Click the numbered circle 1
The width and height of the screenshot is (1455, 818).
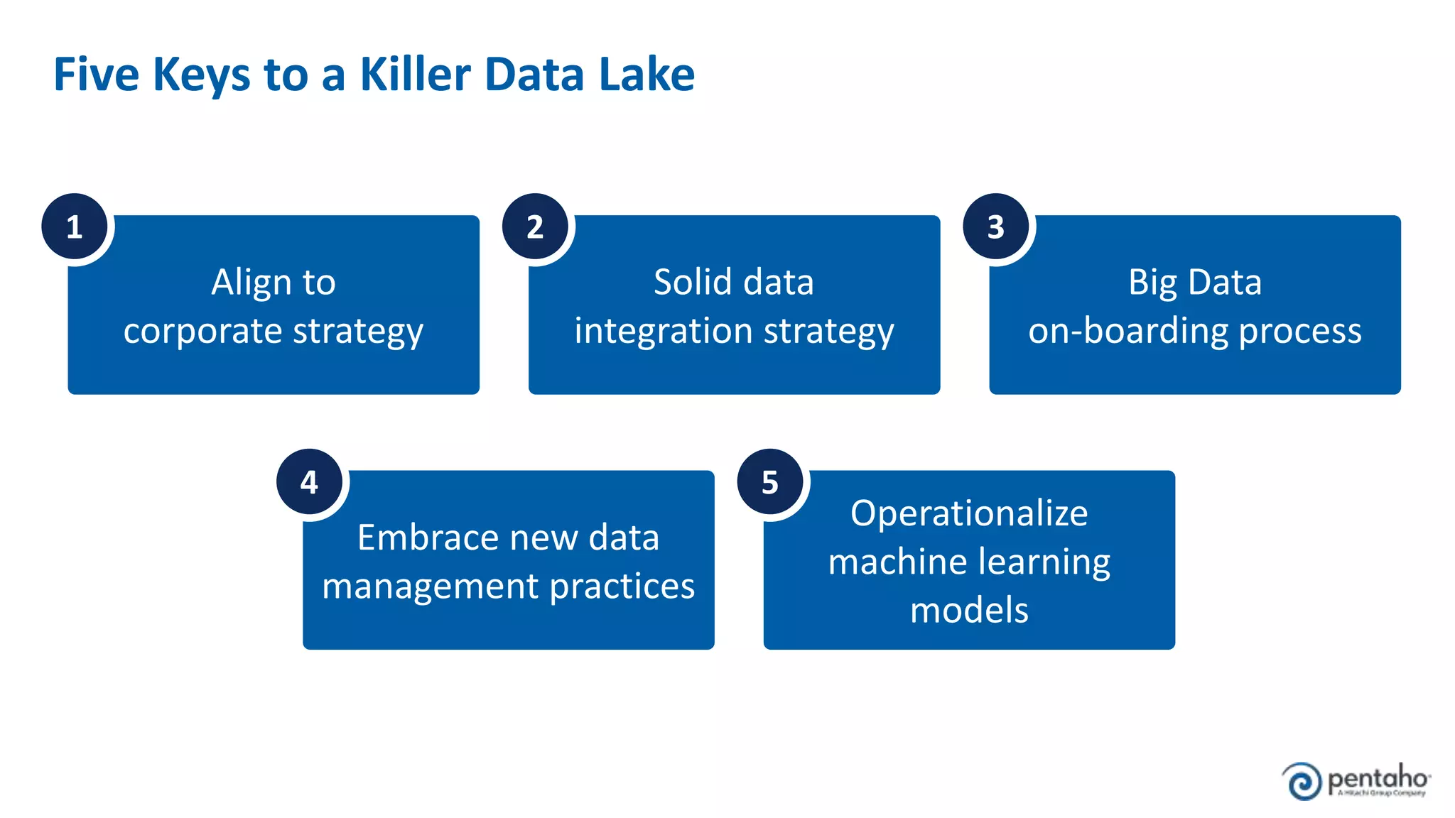pos(74,227)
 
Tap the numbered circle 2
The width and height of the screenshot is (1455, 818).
pos(535,227)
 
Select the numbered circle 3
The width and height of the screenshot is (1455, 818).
pos(995,227)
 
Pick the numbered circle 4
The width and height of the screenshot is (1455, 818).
pos(309,482)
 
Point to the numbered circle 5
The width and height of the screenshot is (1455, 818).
pos(770,482)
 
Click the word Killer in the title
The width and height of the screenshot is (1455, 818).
pos(416,74)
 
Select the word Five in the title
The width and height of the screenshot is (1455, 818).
pos(96,74)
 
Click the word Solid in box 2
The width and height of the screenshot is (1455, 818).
pos(693,282)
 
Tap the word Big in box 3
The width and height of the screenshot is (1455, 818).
pos(1152,283)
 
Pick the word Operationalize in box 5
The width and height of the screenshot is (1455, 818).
pos(969,513)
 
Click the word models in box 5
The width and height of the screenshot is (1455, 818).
pos(969,611)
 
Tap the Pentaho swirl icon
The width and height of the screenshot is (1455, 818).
pos(1302,781)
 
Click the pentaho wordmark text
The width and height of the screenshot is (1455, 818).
pos(1378,779)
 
